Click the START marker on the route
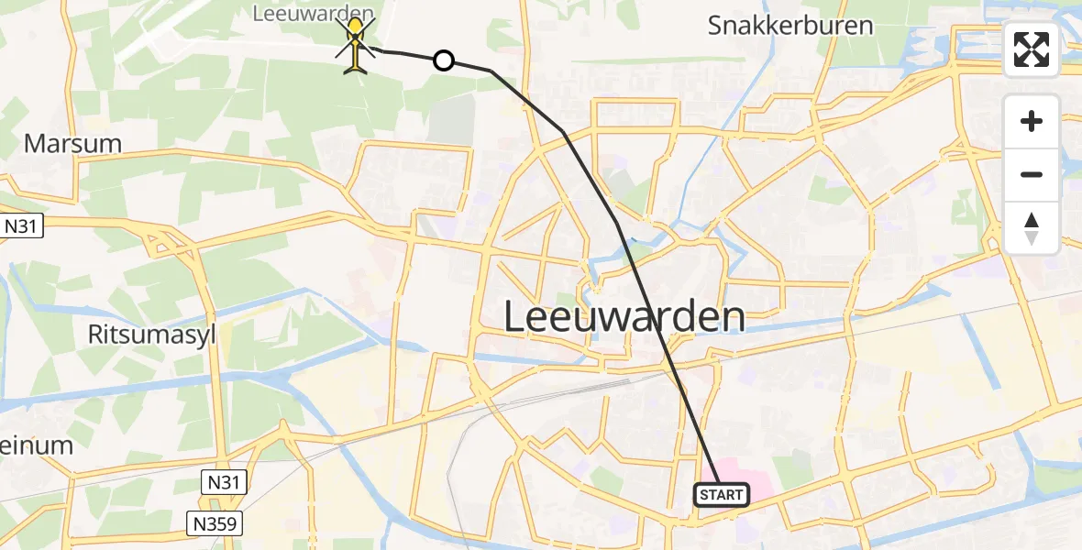point(722,495)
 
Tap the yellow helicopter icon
point(355,43)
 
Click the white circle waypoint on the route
point(443,60)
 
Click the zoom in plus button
point(1032,121)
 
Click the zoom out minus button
point(1032,174)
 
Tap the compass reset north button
point(1032,228)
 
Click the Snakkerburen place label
point(790,25)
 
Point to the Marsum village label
point(61,143)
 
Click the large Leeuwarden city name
point(624,317)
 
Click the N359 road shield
point(217,523)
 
